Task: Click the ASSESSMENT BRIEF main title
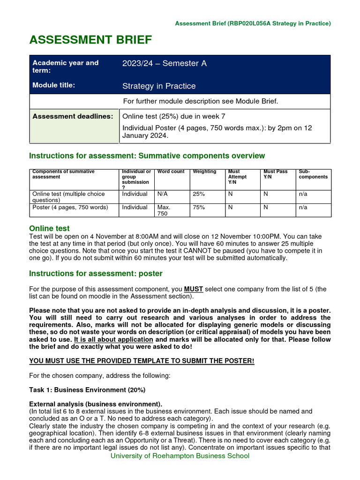tap(90, 40)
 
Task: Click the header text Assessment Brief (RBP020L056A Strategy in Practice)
tap(253, 23)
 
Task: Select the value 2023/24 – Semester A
tap(164, 63)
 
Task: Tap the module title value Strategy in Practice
tap(159, 86)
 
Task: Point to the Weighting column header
tap(204, 172)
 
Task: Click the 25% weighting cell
tap(198, 194)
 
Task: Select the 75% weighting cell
tap(198, 207)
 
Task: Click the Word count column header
tap(171, 172)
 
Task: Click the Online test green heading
tap(49, 228)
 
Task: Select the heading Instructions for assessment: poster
tap(96, 273)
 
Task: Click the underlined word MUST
tap(193, 289)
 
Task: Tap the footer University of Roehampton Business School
tap(180, 456)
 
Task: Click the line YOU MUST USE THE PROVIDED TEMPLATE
tap(142, 361)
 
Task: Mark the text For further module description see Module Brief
tap(200, 101)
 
